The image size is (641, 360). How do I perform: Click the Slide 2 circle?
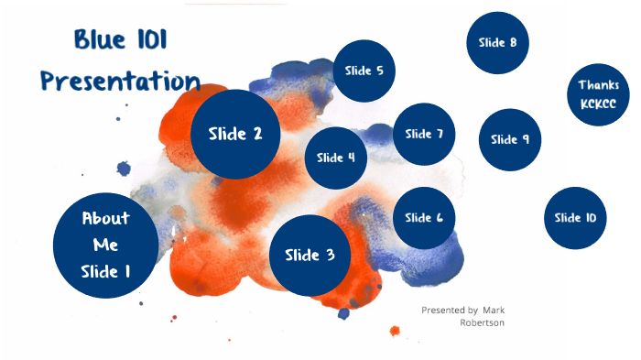point(235,134)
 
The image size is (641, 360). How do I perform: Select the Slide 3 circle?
point(310,256)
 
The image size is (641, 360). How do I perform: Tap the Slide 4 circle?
point(336,157)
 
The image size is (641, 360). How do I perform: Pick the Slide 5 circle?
point(364,71)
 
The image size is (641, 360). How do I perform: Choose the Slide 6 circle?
point(424,217)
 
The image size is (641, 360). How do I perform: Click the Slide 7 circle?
point(424,134)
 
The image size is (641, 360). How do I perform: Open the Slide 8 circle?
point(497,42)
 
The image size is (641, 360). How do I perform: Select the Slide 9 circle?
point(510,139)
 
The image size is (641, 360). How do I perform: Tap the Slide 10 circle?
point(575,217)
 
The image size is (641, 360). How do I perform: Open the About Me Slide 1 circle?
point(105,245)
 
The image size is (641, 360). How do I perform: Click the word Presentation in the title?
point(120,81)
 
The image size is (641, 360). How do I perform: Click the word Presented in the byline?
point(441,310)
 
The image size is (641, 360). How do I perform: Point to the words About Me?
point(105,232)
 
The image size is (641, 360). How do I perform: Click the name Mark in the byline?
point(494,310)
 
